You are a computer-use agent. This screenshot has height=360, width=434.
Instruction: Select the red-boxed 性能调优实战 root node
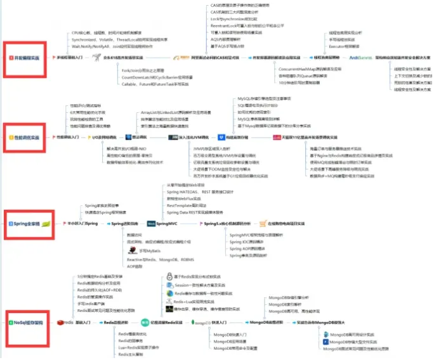coord(25,137)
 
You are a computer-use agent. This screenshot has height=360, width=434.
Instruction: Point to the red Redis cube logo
coord(59,322)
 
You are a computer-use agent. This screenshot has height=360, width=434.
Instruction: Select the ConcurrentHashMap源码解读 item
coord(310,68)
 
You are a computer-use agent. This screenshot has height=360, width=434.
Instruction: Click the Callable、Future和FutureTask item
coord(153,83)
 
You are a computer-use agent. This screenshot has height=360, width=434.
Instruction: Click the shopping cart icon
coord(263,224)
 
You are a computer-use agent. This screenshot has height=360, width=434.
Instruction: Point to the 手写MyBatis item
coord(143,251)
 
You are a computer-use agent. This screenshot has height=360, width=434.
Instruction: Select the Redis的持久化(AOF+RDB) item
coord(100,290)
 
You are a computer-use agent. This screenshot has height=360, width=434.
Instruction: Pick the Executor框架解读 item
coord(345,46)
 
